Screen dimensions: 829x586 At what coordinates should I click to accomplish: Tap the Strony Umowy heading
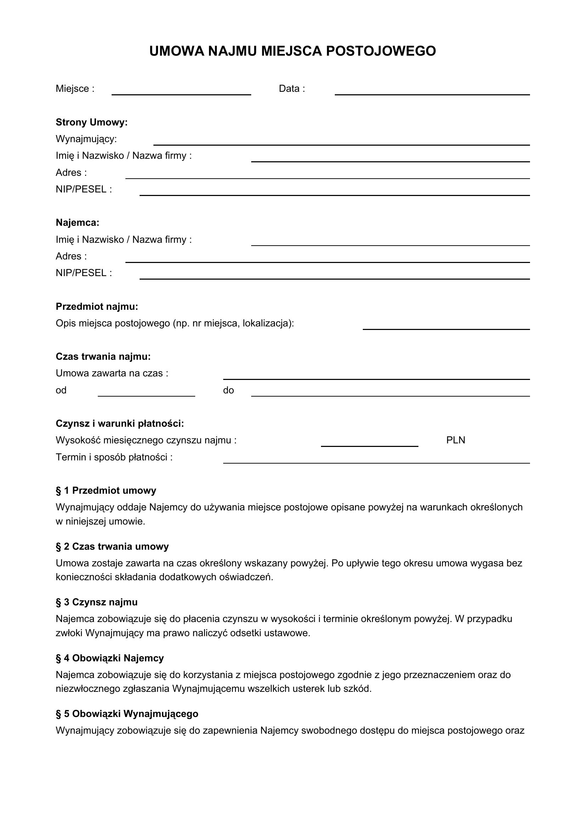(92, 122)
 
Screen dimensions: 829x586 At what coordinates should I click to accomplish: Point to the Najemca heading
(77, 223)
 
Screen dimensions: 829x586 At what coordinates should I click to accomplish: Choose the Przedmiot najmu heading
(97, 307)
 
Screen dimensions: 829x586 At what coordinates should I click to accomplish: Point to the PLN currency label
(455, 440)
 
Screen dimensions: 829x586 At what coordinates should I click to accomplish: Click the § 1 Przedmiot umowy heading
(106, 490)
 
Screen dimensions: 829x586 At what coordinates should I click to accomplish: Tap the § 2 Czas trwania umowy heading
(112, 546)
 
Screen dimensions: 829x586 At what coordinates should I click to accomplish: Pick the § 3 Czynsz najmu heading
(96, 602)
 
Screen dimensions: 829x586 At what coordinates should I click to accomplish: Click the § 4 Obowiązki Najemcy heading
(110, 658)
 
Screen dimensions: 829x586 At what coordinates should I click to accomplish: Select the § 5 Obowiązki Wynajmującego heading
(127, 714)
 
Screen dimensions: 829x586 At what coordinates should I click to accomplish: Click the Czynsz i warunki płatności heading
(120, 423)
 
